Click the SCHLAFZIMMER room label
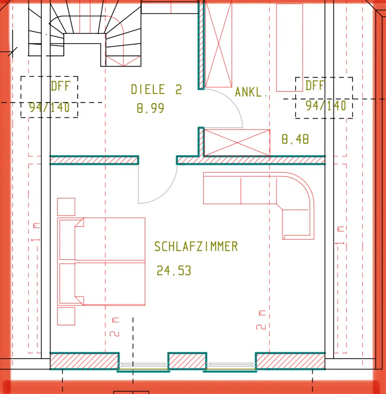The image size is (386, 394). (x=196, y=247)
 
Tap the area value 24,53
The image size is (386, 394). (x=174, y=271)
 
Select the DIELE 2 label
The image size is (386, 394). (x=156, y=89)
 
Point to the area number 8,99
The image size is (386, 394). (x=150, y=108)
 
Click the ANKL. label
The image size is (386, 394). (x=251, y=92)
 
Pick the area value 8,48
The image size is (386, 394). (x=295, y=139)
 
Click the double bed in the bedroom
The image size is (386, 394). (x=101, y=262)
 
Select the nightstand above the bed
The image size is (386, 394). (x=66, y=207)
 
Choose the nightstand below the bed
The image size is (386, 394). (x=66, y=316)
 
